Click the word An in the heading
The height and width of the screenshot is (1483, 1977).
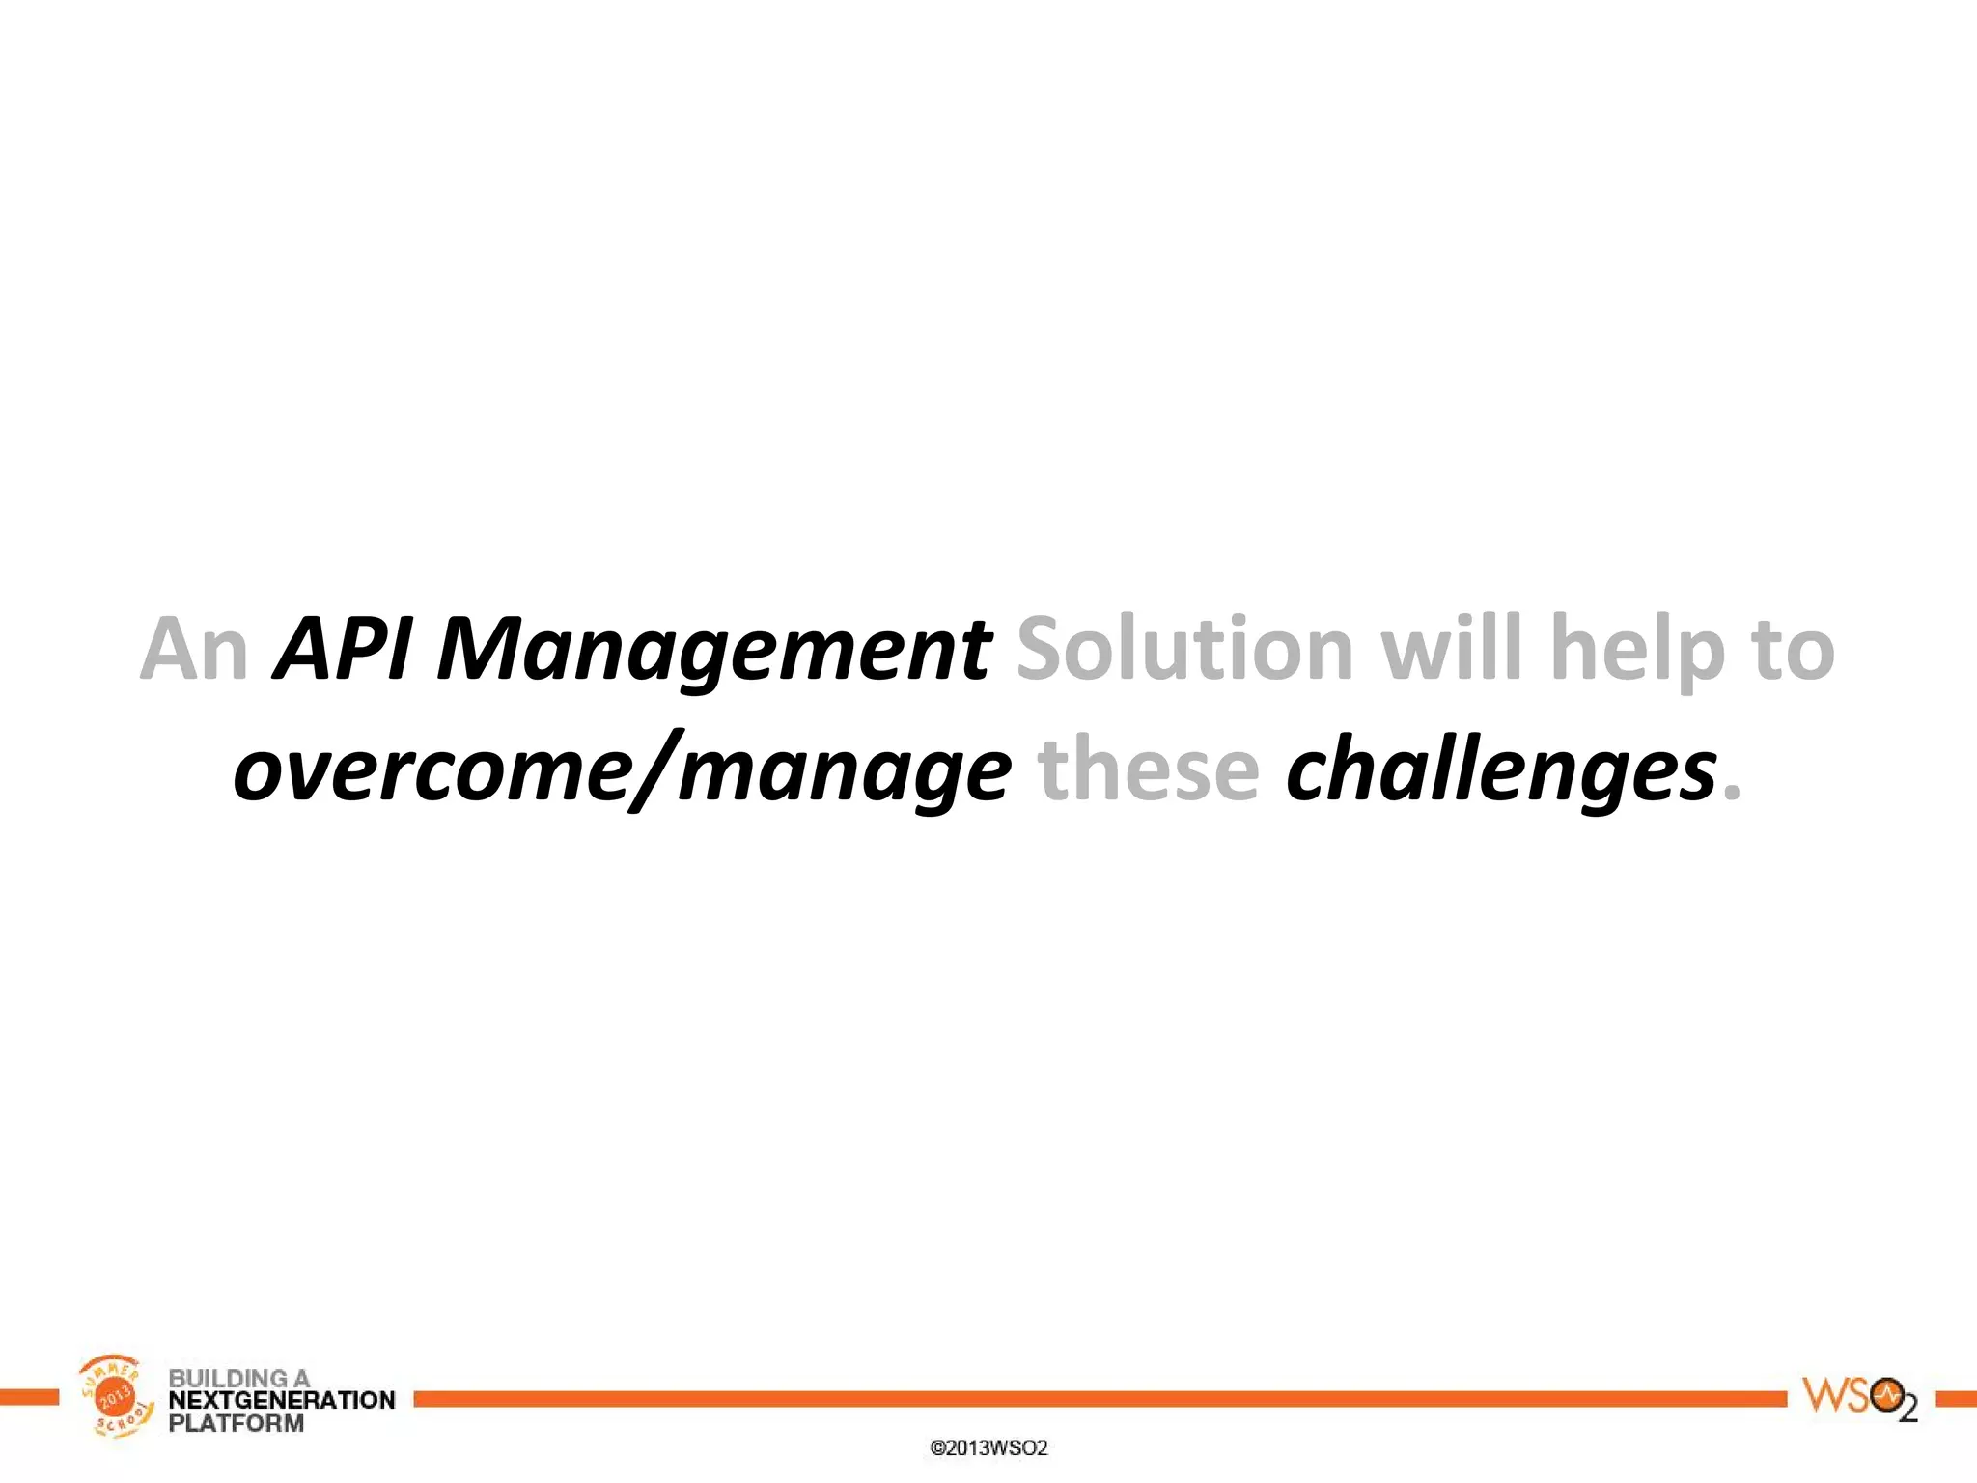click(x=194, y=649)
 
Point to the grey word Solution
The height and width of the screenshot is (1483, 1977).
click(x=1185, y=649)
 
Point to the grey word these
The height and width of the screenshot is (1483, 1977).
click(x=1149, y=769)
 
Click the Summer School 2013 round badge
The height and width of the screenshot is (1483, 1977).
click(x=115, y=1395)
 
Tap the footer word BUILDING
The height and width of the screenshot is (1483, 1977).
click(x=228, y=1378)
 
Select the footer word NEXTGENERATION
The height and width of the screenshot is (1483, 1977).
click(x=282, y=1400)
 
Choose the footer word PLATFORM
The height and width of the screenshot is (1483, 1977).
click(x=237, y=1423)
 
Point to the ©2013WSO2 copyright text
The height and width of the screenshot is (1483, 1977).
click(x=988, y=1448)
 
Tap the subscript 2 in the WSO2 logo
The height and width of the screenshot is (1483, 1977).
click(x=1907, y=1411)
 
